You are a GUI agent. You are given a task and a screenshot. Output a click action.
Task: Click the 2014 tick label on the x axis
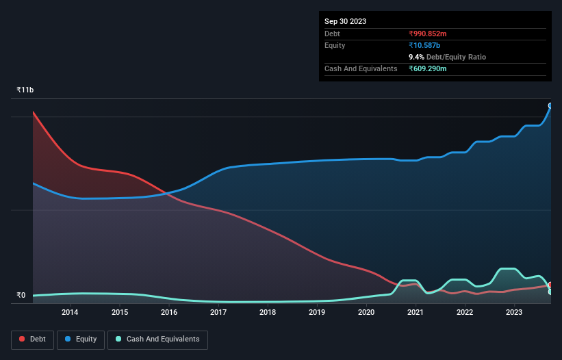tap(70, 313)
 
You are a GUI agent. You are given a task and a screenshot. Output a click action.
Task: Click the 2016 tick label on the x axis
tap(169, 313)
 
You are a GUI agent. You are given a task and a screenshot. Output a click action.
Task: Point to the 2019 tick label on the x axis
tap(317, 313)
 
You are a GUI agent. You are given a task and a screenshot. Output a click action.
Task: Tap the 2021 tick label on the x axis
tap(416, 313)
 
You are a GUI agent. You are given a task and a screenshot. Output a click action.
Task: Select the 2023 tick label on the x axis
tap(514, 313)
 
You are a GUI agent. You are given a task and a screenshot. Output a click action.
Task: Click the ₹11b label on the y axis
tap(25, 90)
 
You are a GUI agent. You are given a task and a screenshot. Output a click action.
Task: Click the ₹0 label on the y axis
tap(21, 296)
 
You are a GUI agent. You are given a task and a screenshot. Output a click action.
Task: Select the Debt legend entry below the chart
tap(32, 339)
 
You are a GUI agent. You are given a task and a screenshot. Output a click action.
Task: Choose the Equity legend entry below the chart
tap(81, 339)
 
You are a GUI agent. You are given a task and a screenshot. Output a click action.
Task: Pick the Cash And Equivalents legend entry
tap(157, 339)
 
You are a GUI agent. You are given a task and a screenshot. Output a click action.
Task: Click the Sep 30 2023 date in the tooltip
tap(345, 21)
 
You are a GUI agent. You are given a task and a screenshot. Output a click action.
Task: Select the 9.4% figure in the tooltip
tap(418, 57)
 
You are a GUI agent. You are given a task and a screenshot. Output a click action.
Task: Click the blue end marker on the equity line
tap(550, 105)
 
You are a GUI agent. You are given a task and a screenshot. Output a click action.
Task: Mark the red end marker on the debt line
tap(550, 285)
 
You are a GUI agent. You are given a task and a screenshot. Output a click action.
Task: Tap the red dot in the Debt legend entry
tap(23, 339)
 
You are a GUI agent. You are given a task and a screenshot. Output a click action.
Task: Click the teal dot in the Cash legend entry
tap(119, 339)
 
